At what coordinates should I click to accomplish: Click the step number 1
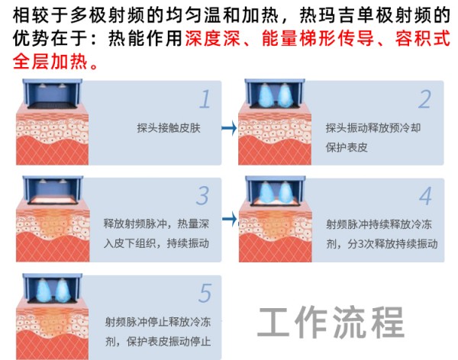tap(205, 99)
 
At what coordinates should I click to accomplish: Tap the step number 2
tap(424, 99)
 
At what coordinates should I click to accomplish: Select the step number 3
tap(202, 195)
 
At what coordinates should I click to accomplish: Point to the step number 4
tap(425, 196)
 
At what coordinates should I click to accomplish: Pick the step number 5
tap(205, 293)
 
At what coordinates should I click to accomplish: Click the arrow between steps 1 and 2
tap(229, 127)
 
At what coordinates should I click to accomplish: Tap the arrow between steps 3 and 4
tap(230, 219)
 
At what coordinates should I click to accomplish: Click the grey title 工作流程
tap(331, 322)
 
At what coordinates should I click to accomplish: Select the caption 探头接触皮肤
tap(169, 128)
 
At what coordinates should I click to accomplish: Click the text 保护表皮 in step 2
tap(347, 147)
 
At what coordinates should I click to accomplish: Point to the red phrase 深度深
tap(212, 39)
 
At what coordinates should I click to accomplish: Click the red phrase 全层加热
tap(50, 62)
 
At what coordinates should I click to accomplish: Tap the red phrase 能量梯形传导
tap(318, 39)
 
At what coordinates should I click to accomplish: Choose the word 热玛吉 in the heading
tap(327, 15)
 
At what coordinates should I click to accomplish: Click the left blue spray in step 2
tap(265, 95)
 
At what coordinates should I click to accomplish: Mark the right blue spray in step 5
tap(63, 290)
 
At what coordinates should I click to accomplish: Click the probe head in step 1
tap(53, 93)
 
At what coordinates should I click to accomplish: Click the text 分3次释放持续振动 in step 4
tap(392, 243)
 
